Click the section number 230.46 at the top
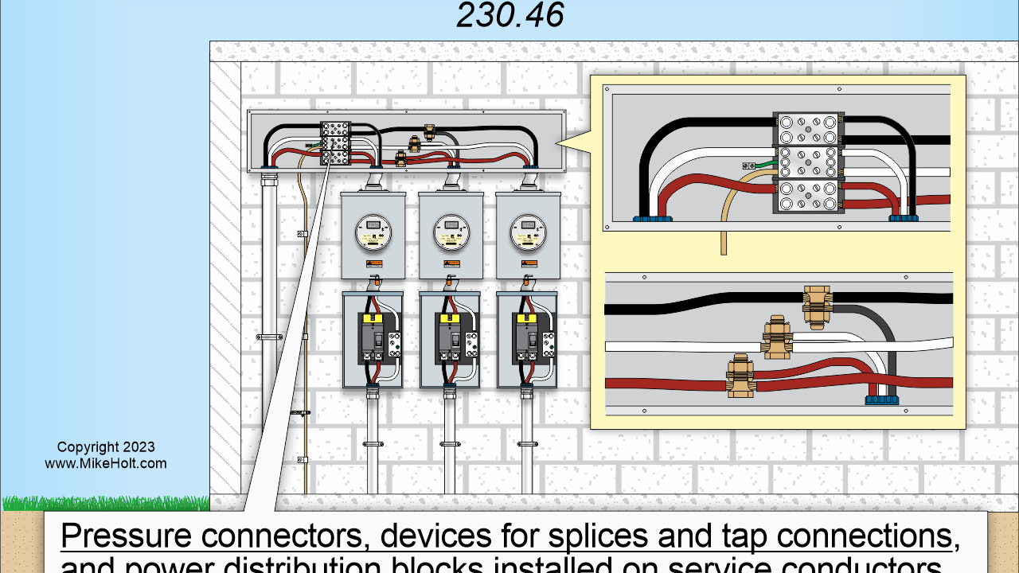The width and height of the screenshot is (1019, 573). [510, 15]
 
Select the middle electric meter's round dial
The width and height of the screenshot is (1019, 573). [450, 232]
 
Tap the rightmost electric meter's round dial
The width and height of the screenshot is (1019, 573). [527, 232]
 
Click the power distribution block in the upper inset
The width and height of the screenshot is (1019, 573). [808, 162]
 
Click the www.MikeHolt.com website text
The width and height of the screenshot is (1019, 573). [106, 463]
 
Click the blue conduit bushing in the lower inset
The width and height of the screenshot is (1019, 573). [880, 398]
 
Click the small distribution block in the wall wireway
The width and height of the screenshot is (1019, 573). [335, 142]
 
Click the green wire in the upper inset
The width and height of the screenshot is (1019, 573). [762, 165]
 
